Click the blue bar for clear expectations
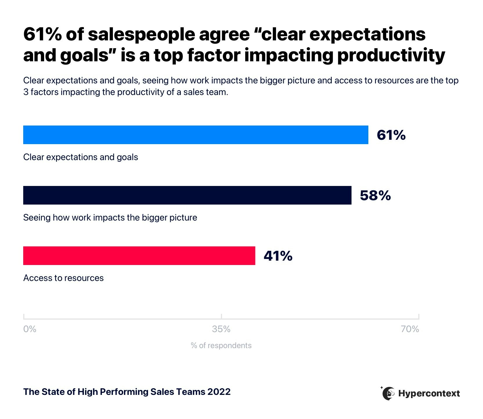[x=196, y=135]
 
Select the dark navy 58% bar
[x=187, y=195]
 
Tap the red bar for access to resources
[x=139, y=256]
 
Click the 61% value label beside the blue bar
[x=391, y=135]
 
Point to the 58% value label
[x=375, y=196]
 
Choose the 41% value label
[x=278, y=256]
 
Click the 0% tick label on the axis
[x=30, y=329]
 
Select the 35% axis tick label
[x=221, y=329]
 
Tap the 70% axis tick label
[x=410, y=329]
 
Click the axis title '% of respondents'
[x=221, y=345]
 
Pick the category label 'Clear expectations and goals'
[x=80, y=157]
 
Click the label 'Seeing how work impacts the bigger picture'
[x=110, y=218]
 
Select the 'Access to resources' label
[x=63, y=278]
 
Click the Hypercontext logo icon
[x=388, y=393]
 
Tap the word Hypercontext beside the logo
[x=429, y=393]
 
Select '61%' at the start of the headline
[x=42, y=34]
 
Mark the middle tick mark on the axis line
[x=221, y=316]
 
